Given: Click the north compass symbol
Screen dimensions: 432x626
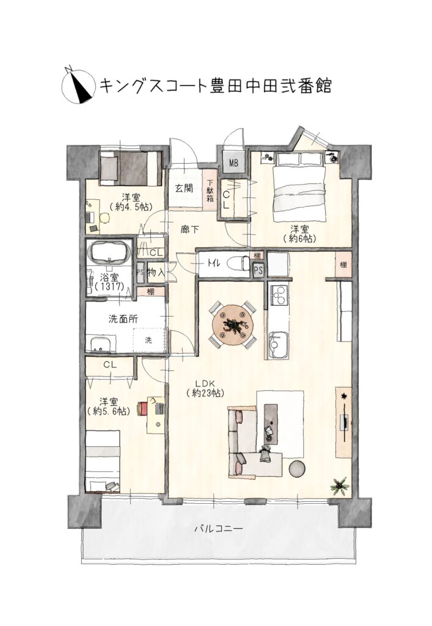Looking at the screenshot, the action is pyautogui.click(x=79, y=85).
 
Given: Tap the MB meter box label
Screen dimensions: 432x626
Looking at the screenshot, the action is pyautogui.click(x=233, y=163).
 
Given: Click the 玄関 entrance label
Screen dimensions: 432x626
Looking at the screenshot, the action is pyautogui.click(x=185, y=188).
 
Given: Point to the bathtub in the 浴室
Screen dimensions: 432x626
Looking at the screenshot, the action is pyautogui.click(x=109, y=252).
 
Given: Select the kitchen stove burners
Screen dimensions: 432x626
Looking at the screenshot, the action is pyautogui.click(x=279, y=294).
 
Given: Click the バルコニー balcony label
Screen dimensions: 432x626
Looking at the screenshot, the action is pyautogui.click(x=218, y=529).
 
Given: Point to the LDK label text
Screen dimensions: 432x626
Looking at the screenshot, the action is pyautogui.click(x=205, y=384).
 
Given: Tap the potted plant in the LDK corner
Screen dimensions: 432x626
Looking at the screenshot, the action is pyautogui.click(x=339, y=486).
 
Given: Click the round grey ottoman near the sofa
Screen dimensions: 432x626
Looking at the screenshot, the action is pyautogui.click(x=298, y=468).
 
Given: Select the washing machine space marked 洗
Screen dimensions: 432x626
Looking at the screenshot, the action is pyautogui.click(x=150, y=340).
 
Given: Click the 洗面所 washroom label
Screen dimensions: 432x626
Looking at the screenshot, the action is pyautogui.click(x=124, y=319).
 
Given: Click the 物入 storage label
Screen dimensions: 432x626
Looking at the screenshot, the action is pyautogui.click(x=155, y=272).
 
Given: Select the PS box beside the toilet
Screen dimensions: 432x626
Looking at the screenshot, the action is pyautogui.click(x=258, y=270).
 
